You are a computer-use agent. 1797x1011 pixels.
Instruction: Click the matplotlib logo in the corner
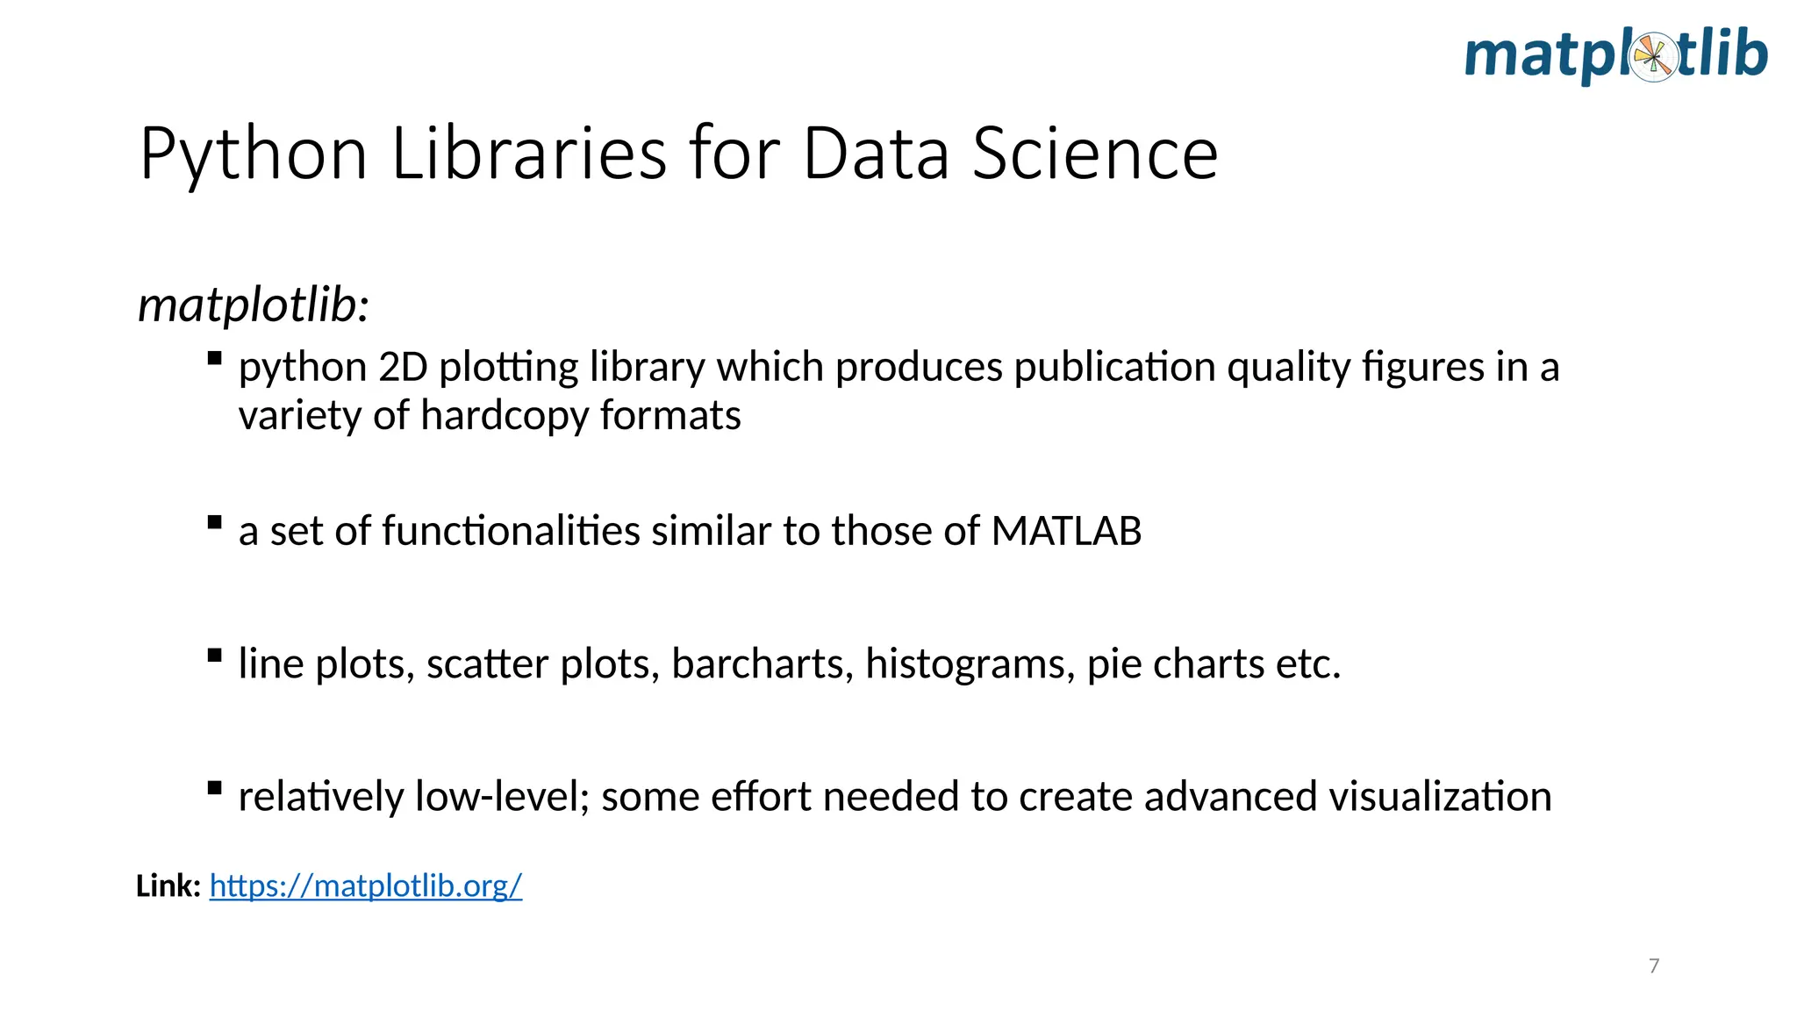(1615, 56)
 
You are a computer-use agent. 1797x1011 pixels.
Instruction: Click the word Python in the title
(253, 154)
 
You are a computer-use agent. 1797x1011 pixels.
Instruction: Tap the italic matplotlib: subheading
(254, 306)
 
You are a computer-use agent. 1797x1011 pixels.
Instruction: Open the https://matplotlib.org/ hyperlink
(366, 886)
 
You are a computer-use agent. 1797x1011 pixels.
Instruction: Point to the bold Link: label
(168, 886)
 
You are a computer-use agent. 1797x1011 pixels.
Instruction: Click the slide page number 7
(1654, 966)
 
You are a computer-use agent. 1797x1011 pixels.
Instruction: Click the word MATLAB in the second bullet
(1066, 531)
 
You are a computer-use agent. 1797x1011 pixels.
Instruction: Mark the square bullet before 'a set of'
(214, 522)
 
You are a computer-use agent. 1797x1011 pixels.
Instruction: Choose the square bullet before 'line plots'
(214, 655)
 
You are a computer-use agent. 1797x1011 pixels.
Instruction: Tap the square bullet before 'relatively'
(214, 787)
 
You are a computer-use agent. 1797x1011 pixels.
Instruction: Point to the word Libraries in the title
(529, 154)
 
